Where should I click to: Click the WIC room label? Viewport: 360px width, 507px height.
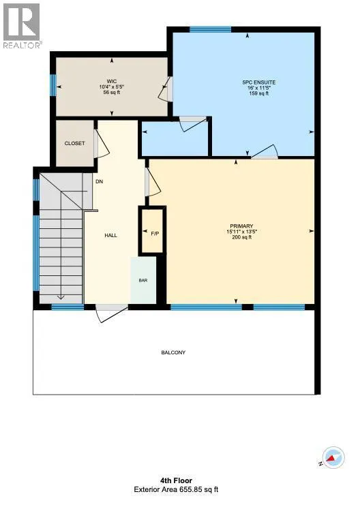(x=112, y=81)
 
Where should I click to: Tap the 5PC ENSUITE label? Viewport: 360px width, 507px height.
(x=259, y=82)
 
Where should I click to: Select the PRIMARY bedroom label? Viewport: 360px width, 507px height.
(x=241, y=226)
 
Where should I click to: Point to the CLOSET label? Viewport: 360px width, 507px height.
(x=75, y=143)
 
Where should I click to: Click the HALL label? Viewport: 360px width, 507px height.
(x=110, y=235)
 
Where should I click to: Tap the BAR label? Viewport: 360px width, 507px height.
(x=143, y=280)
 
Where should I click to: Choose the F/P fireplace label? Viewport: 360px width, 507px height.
(x=155, y=234)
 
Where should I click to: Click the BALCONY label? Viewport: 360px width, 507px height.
(x=173, y=352)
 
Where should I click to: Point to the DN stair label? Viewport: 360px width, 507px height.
(x=100, y=182)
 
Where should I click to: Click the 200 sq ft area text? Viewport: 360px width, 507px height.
(x=241, y=237)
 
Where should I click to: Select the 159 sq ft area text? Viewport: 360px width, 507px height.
(x=259, y=94)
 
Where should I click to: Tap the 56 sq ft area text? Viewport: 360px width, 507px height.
(x=112, y=93)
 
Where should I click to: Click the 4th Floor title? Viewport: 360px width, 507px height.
(x=176, y=481)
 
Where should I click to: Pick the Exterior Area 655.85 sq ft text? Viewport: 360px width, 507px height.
(x=176, y=490)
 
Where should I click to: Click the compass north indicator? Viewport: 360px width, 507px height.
(x=333, y=457)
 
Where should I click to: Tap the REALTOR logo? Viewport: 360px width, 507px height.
(x=21, y=26)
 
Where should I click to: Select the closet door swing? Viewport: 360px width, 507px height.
(x=102, y=144)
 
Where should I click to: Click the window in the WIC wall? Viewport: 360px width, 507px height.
(x=53, y=85)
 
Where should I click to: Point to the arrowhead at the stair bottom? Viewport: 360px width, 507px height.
(x=61, y=297)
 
